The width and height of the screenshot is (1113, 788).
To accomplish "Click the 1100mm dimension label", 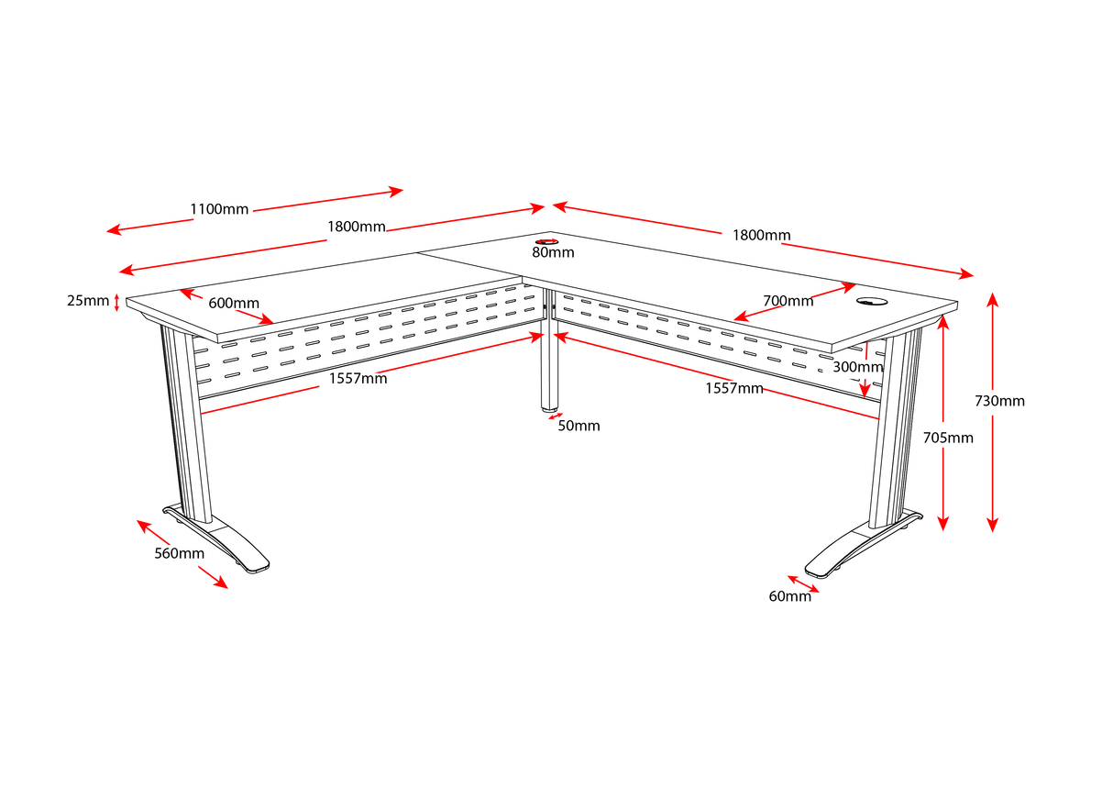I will tap(219, 209).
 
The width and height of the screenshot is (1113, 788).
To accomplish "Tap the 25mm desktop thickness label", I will tap(88, 300).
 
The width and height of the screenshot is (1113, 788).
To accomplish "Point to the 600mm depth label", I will tap(233, 304).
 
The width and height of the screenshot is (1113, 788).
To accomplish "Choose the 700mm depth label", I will tap(788, 301).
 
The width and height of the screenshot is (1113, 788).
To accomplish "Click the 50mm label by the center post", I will tap(579, 426).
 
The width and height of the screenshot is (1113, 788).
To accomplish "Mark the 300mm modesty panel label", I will tap(857, 367).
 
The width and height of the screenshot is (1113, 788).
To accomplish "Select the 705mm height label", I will tap(947, 438).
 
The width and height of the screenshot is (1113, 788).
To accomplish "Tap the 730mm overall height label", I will tap(999, 401).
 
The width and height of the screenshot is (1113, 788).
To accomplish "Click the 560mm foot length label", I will tap(179, 553).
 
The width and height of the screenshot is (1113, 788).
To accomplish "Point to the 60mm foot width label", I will tap(789, 596).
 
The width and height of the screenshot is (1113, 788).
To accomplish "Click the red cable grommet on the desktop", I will tap(545, 242).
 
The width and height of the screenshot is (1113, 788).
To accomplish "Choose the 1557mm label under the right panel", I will tap(733, 388).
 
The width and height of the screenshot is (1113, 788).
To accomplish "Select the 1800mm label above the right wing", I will tap(761, 235).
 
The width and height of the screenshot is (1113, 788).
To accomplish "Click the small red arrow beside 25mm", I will tap(117, 301).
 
